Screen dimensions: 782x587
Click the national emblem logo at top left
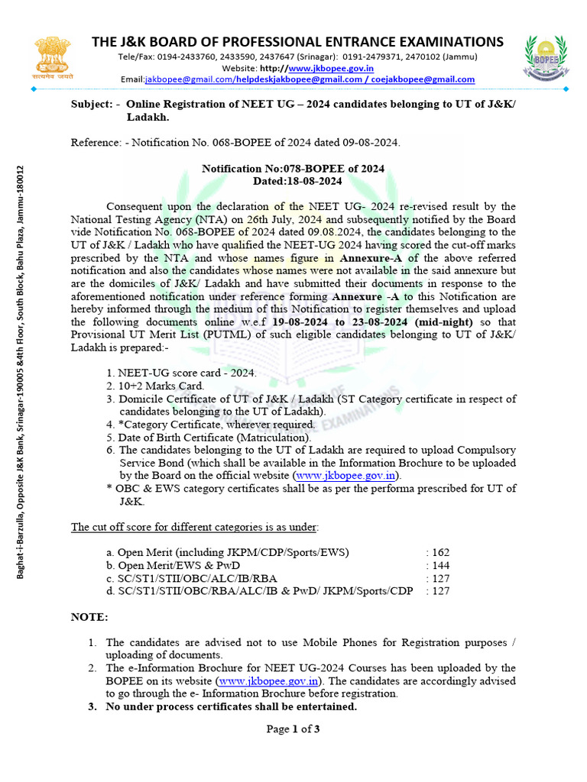pyautogui.click(x=54, y=57)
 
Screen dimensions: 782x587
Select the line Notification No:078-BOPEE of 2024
pyautogui.click(x=293, y=169)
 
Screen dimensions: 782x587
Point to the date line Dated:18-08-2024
pyautogui.click(x=293, y=181)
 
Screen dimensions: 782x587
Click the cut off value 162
pyautogui.click(x=441, y=552)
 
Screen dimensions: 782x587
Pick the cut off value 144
pyautogui.click(x=441, y=565)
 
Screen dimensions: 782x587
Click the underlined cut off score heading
pyautogui.click(x=195, y=527)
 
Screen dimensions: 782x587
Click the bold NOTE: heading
pyautogui.click(x=89, y=616)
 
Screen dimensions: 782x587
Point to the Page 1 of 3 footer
pyautogui.click(x=293, y=729)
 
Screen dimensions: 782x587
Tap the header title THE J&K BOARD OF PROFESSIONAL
pyautogui.click(x=297, y=41)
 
